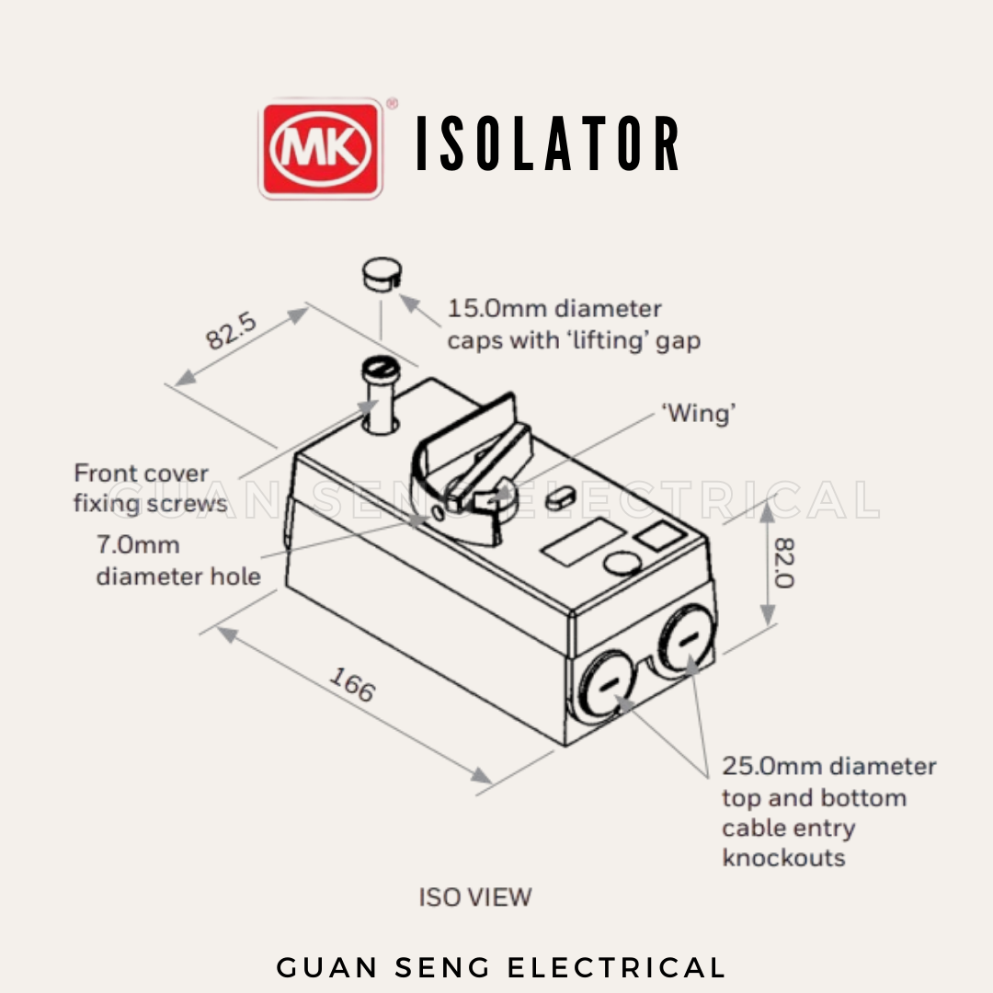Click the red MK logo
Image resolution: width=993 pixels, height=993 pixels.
click(x=321, y=149)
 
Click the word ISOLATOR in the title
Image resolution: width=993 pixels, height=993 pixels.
click(x=549, y=145)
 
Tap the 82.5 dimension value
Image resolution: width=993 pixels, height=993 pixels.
click(x=231, y=332)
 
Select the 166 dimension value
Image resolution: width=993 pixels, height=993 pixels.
click(x=353, y=684)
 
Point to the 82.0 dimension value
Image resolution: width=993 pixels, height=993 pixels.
click(x=784, y=563)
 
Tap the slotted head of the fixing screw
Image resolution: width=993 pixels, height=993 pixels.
click(x=379, y=370)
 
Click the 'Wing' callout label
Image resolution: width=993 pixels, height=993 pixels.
click(x=700, y=414)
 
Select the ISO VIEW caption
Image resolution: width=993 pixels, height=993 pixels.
click(x=475, y=896)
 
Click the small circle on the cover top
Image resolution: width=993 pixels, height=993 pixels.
click(x=622, y=565)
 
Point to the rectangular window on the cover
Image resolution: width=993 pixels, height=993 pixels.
click(x=581, y=542)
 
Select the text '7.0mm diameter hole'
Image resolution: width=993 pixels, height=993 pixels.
click(x=177, y=560)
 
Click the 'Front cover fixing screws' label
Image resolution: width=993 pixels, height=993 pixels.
click(x=149, y=488)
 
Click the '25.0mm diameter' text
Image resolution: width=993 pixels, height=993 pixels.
click(x=828, y=766)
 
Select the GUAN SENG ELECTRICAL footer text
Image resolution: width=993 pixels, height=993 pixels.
click(x=501, y=967)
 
